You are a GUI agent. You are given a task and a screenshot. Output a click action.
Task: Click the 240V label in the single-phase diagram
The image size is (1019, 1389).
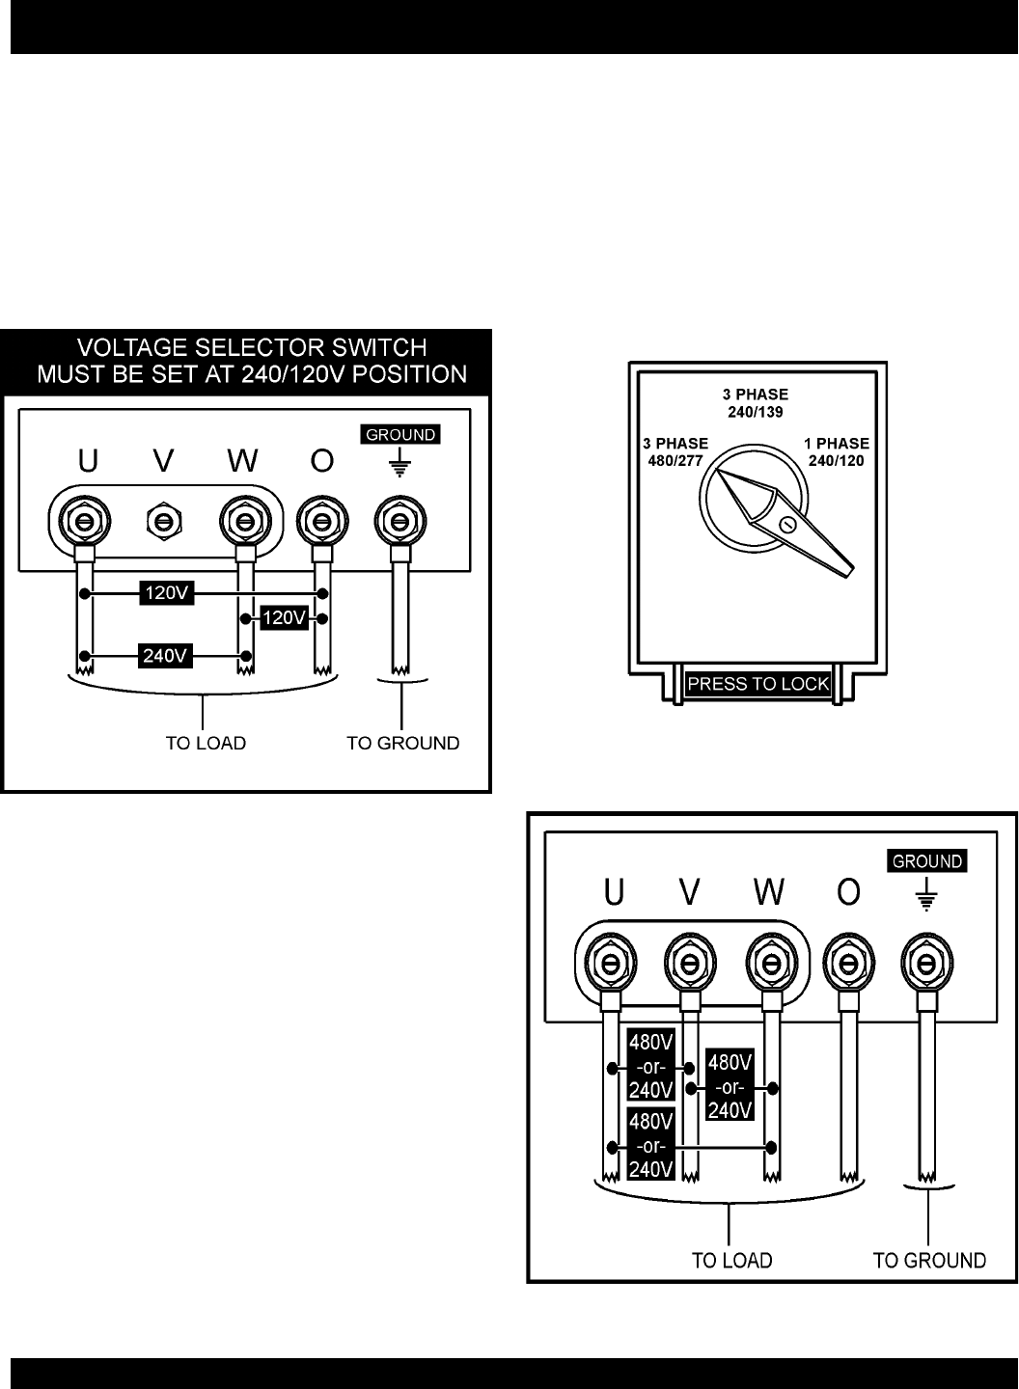164,656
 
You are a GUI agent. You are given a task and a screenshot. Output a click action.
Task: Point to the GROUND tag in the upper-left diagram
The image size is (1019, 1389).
400,435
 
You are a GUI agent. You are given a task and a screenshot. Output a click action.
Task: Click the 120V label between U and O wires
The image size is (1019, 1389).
168,593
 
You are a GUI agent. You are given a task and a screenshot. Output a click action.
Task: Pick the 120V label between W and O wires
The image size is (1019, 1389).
284,617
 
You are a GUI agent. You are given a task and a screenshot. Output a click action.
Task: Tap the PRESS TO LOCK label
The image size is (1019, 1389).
757,685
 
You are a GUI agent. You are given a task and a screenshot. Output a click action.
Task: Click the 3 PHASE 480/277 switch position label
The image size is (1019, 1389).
675,451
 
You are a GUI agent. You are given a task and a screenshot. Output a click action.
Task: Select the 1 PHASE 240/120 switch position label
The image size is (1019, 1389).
837,451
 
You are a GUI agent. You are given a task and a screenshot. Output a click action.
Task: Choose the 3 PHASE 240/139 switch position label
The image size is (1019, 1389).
756,402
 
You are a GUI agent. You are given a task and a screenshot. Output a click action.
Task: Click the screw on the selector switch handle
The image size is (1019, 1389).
787,525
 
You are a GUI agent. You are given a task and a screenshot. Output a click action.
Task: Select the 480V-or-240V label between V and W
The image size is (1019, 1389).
730,1085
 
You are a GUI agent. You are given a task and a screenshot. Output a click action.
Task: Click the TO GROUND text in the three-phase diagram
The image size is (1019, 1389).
929,1260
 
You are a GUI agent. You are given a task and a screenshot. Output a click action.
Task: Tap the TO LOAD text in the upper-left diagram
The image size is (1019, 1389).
206,743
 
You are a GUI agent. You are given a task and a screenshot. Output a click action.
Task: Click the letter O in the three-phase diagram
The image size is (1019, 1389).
848,894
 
